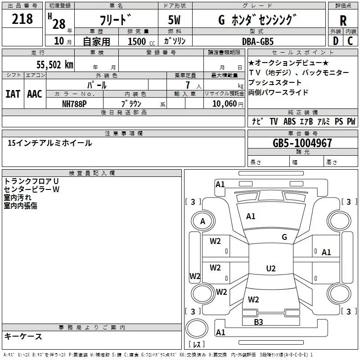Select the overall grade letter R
pos(343,20)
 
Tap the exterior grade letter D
pos(335,41)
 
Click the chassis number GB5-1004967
pos(302,143)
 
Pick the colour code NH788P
pos(75,103)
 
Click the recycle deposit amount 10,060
pos(224,103)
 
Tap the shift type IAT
pos(13,94)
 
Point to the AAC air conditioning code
pos(35,94)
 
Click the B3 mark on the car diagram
pos(258,322)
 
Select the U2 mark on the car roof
pos(271,269)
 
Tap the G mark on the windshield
pos(284,237)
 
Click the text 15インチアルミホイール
pos(50,143)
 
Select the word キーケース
pos(23,336)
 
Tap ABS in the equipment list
pos(289,121)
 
